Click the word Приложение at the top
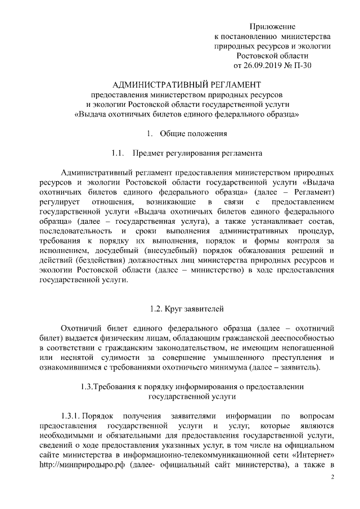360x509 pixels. (273, 26)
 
